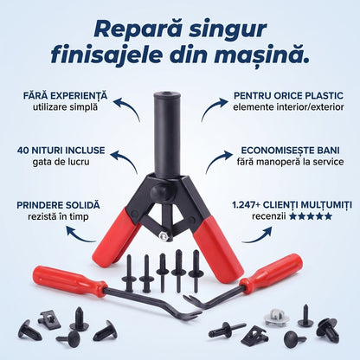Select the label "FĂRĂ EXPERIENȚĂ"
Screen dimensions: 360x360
pyautogui.click(x=65, y=96)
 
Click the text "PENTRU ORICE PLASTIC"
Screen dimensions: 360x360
pyautogui.click(x=288, y=96)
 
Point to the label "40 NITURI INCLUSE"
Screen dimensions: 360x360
pyautogui.click(x=61, y=151)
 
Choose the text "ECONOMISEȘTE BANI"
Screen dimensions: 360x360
pyautogui.click(x=290, y=151)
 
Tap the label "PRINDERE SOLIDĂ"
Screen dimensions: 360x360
pyautogui.click(x=58, y=205)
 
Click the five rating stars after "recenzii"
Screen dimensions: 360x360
pyautogui.click(x=311, y=216)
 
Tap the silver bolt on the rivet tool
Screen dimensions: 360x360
pyautogui.click(x=164, y=235)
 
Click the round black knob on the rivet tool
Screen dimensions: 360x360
pyautogui.click(x=160, y=191)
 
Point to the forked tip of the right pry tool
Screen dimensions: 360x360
pyautogui.click(x=191, y=300)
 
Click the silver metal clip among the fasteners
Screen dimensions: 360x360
pyautogui.click(x=277, y=317)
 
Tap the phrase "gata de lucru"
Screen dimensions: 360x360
pyautogui.click(x=61, y=162)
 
